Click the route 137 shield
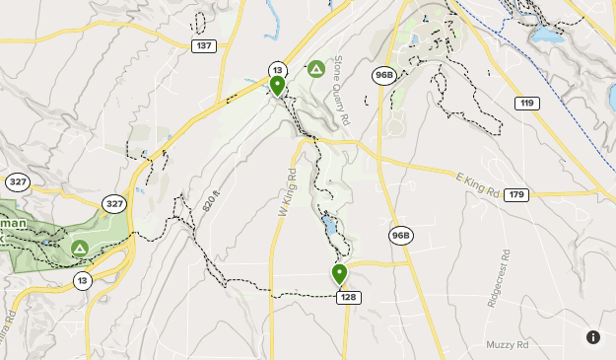[x=204, y=46]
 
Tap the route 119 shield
[x=528, y=104]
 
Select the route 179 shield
[x=514, y=195]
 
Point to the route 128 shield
[x=347, y=297]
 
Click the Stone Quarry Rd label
[x=342, y=90]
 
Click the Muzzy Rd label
[x=508, y=344]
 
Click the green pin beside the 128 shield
[x=340, y=274]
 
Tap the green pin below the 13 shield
[x=277, y=86]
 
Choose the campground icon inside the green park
[x=79, y=248]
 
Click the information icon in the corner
[x=593, y=337]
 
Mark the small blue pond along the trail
[x=330, y=231]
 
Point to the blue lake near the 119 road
[x=543, y=38]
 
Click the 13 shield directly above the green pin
[x=277, y=69]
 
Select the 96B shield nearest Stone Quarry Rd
[x=383, y=75]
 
